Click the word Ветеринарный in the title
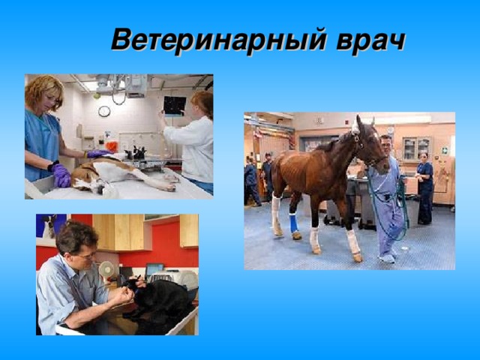pyautogui.click(x=218, y=40)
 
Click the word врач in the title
pyautogui.click(x=370, y=42)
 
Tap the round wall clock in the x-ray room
pyautogui.click(x=104, y=111)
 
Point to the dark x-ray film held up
pyautogui.click(x=175, y=106)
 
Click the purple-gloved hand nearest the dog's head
pyautogui.click(x=61, y=175)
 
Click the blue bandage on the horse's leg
pyautogui.click(x=294, y=223)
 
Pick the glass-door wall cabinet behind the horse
pyautogui.click(x=417, y=148)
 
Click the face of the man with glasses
pyautogui.click(x=85, y=255)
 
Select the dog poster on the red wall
pyautogui.click(x=51, y=226)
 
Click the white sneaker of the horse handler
pyautogui.click(x=387, y=258)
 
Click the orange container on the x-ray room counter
pyautogui.click(x=112, y=147)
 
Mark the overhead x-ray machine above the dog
pyautogui.click(x=122, y=85)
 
